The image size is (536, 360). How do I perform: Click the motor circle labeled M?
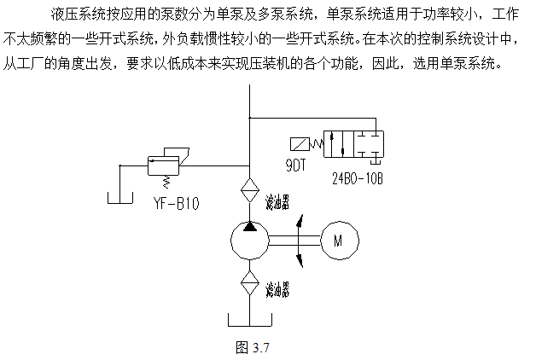click(x=338, y=241)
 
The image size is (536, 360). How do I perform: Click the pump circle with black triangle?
click(x=248, y=241)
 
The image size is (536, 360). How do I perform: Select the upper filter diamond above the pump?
click(x=248, y=190)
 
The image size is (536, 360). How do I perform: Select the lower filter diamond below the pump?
click(x=248, y=283)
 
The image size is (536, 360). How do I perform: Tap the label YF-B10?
click(x=177, y=204)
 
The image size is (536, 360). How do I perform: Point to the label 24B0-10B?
click(x=357, y=180)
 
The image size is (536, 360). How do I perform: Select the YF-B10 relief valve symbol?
click(x=166, y=163)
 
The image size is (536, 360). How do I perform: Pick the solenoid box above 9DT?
click(x=300, y=144)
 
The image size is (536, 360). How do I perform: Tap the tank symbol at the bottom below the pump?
click(x=248, y=322)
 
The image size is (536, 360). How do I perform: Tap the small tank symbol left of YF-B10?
click(x=119, y=197)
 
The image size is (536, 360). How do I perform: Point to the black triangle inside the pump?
click(x=248, y=226)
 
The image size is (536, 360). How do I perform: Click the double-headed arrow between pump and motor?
click(x=299, y=241)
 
